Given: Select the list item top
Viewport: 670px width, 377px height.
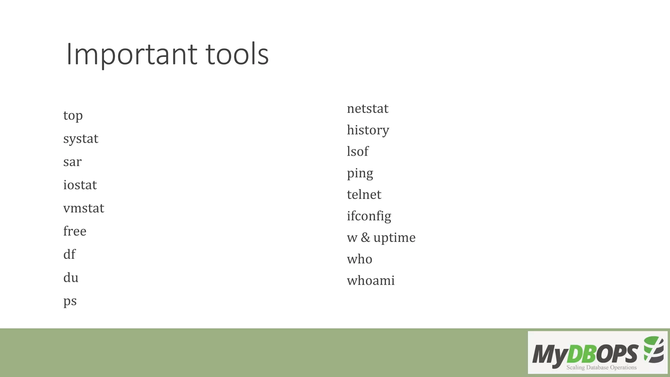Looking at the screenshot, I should [73, 116].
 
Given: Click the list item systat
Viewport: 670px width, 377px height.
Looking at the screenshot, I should [80, 139].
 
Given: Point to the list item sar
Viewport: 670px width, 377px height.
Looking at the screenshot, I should [72, 162].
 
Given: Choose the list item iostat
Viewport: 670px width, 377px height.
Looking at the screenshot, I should [80, 185].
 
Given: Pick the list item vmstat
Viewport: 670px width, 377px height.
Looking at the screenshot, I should [83, 208].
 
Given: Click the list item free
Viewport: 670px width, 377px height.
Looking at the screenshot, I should [75, 231].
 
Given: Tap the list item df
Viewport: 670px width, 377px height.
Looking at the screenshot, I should [69, 254].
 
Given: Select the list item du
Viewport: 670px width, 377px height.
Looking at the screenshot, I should [71, 278].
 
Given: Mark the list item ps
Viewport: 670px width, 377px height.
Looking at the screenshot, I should [70, 301].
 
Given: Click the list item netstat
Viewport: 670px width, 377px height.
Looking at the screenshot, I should [367, 109].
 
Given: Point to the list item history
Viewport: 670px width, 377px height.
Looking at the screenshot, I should [368, 130].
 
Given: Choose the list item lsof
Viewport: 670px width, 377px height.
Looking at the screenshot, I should [357, 152].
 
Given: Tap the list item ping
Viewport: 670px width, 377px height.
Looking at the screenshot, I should [360, 173].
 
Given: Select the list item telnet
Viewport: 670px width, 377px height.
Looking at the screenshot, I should [364, 195].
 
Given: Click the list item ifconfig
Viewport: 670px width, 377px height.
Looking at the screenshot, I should [369, 216].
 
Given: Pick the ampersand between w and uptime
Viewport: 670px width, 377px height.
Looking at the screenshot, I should [365, 238].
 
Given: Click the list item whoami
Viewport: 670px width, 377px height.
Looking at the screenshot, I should [371, 280].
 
